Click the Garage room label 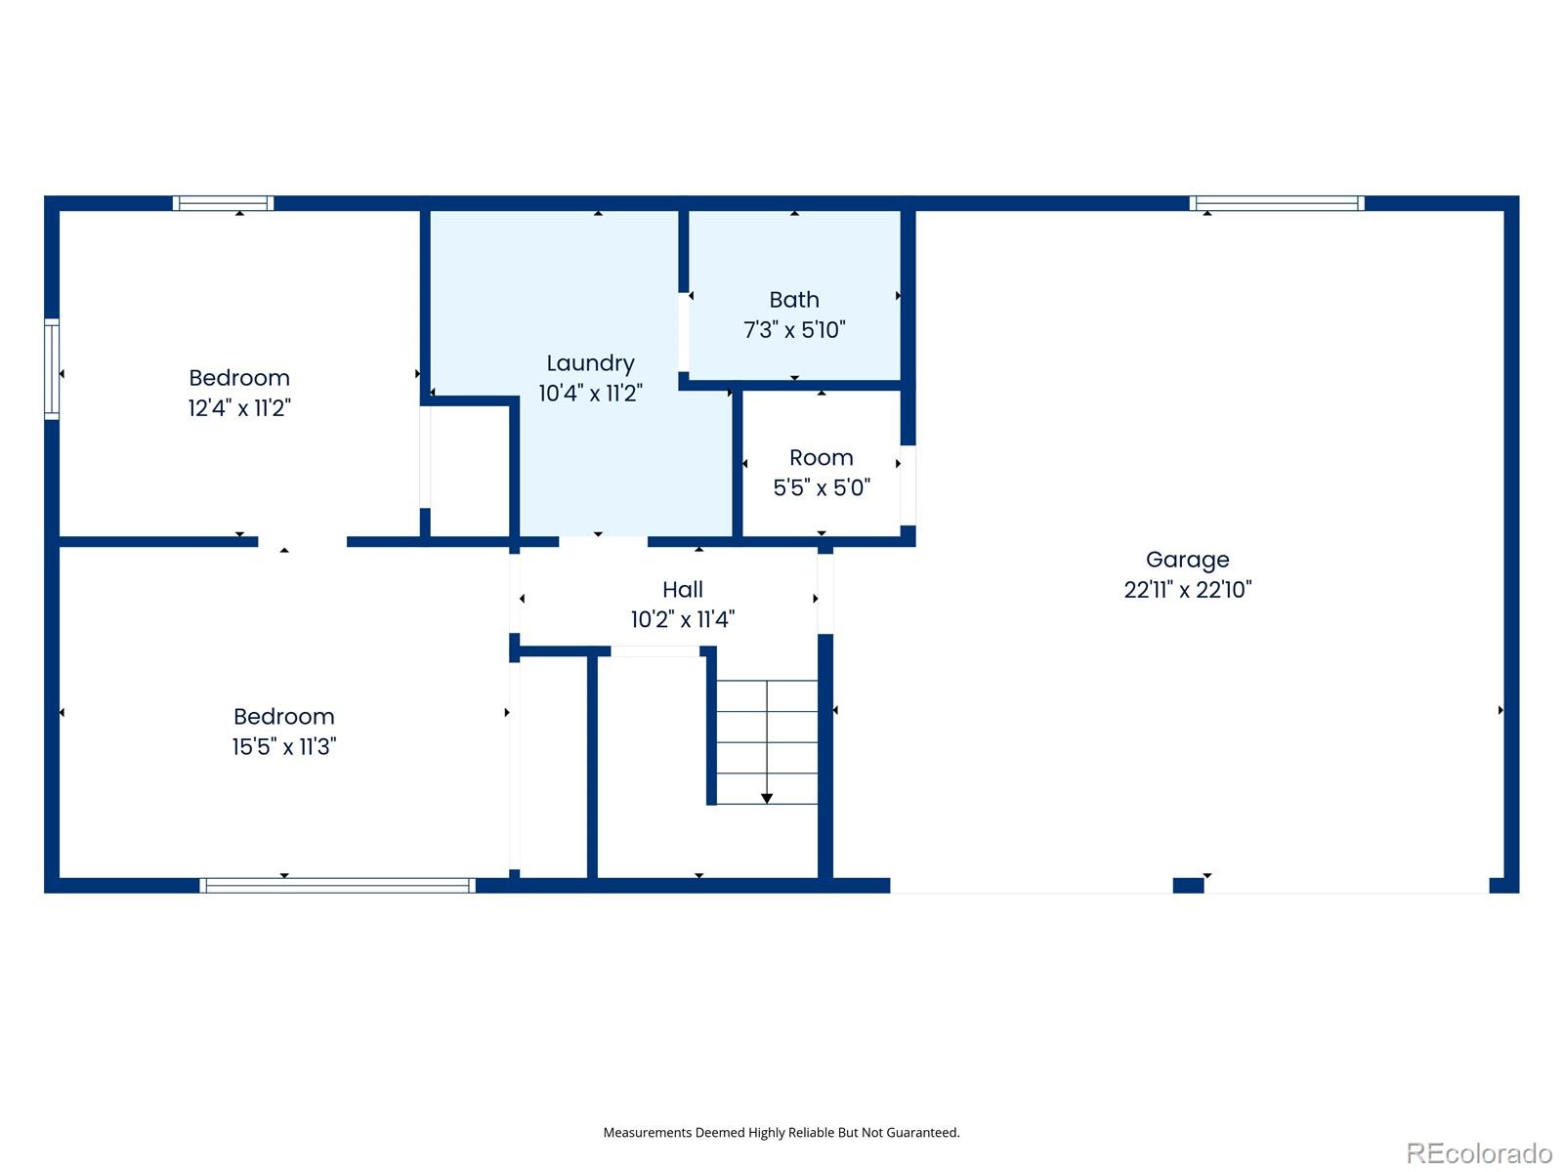pos(1187,561)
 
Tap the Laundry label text pos(590,363)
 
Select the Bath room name pos(794,300)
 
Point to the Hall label pos(682,589)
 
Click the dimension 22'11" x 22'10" pos(1187,590)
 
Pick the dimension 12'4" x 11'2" pos(239,407)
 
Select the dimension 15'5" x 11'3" pos(283,746)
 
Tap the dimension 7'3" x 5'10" pos(794,329)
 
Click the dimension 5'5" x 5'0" pos(821,487)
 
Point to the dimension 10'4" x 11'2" pos(590,393)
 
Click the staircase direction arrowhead pos(766,798)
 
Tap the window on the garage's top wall pos(1277,203)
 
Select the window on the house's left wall pos(51,369)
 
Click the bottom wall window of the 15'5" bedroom pos(337,885)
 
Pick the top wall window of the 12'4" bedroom pos(223,203)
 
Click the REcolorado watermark pos(1480,1152)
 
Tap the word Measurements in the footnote pos(648,1133)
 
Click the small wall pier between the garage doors pos(1188,885)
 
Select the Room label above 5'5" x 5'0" pos(821,457)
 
